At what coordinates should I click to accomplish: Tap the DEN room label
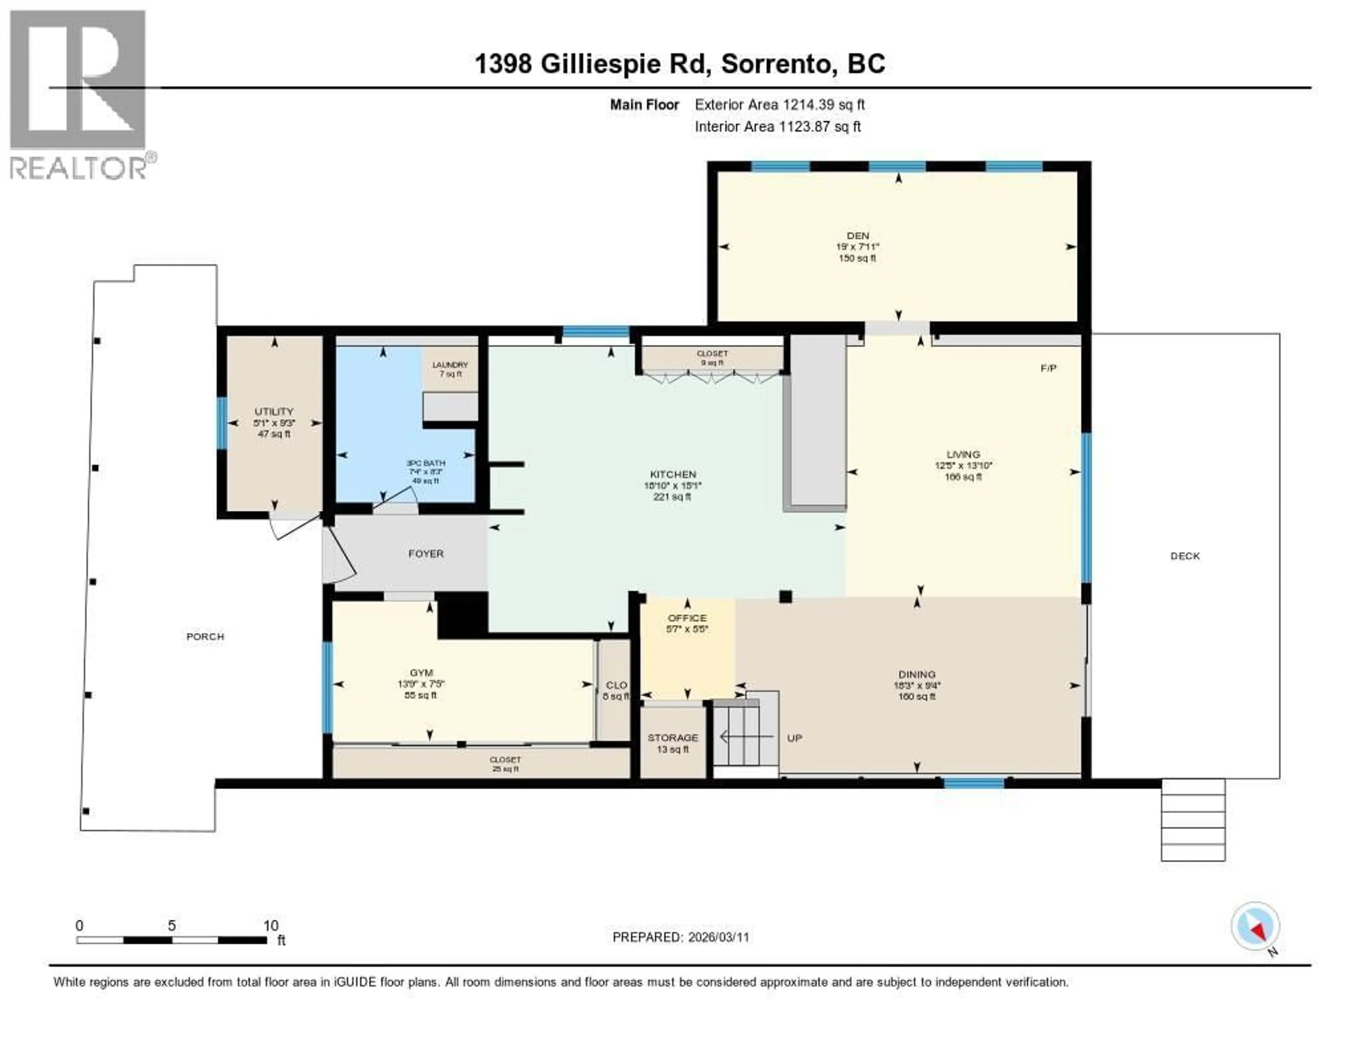click(x=857, y=236)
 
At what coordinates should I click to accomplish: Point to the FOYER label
click(x=426, y=553)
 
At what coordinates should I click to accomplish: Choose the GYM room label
click(x=421, y=672)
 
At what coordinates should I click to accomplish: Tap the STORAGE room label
click(x=673, y=737)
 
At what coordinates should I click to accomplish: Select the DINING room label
click(x=917, y=674)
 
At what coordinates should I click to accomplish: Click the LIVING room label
click(x=963, y=454)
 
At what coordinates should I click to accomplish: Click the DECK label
click(x=1184, y=556)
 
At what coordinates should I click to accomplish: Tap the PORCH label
click(x=205, y=636)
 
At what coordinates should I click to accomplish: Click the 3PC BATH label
click(x=426, y=463)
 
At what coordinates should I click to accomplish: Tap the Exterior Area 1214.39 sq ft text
click(x=780, y=104)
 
